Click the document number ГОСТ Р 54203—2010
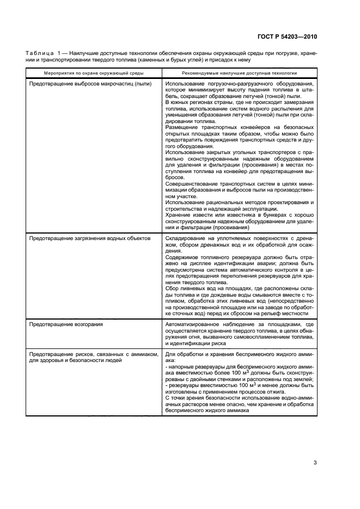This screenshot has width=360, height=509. coord(286,36)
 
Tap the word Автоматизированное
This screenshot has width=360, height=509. coord(192,324)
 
